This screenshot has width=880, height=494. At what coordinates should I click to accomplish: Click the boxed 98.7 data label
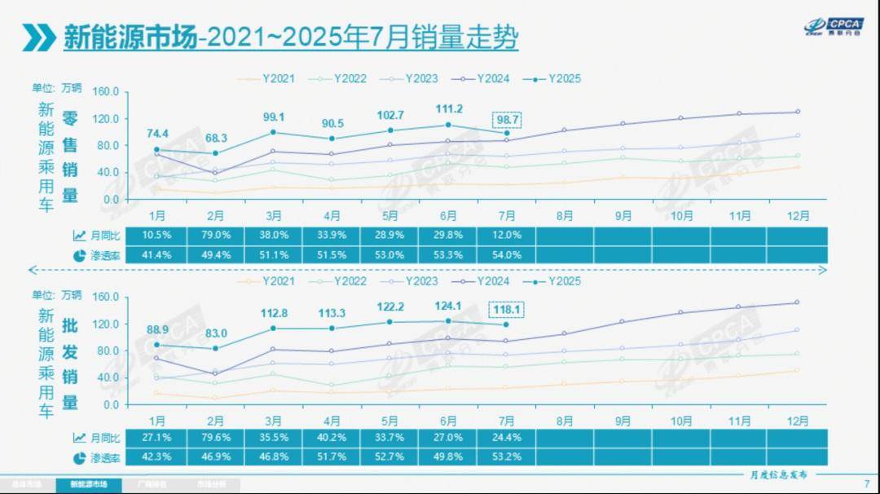(x=506, y=120)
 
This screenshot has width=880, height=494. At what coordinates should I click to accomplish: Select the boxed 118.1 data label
(x=506, y=310)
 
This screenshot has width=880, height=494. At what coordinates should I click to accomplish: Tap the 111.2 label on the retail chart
(x=448, y=109)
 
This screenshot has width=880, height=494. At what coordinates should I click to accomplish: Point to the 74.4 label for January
(x=157, y=134)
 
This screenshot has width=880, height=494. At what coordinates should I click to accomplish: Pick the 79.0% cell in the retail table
(x=215, y=236)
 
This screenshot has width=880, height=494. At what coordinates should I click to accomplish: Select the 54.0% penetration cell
(x=506, y=255)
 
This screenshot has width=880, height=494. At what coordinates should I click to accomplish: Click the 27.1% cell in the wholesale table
(x=157, y=438)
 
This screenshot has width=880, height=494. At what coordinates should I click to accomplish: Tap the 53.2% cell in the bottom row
(x=506, y=458)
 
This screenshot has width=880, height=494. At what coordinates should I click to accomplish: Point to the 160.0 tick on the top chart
(x=107, y=91)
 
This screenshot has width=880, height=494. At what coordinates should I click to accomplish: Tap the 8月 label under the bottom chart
(x=564, y=421)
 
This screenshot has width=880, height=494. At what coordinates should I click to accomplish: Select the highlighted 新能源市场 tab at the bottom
(x=88, y=484)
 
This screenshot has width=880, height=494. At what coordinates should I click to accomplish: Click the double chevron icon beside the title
(x=39, y=37)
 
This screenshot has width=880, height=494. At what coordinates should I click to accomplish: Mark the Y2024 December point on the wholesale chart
(x=797, y=302)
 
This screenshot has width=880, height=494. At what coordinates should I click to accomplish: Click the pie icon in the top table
(x=79, y=255)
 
